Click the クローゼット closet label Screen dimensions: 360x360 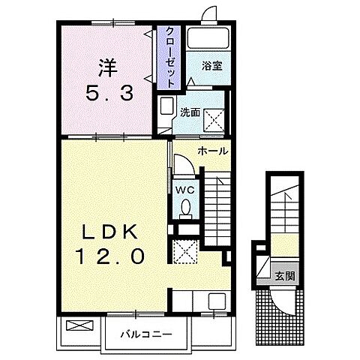click(x=170, y=57)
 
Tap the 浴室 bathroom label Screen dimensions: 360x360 click(x=212, y=66)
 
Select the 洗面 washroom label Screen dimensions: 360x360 click(x=190, y=112)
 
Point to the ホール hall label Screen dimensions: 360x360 click(x=213, y=151)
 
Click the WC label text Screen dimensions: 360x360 click(x=185, y=190)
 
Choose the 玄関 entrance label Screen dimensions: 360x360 click(x=285, y=277)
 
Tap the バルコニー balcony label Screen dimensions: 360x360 click(x=146, y=334)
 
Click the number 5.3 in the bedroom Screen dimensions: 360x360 click(x=109, y=92)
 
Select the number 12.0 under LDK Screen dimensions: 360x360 click(x=111, y=256)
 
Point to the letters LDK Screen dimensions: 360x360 click(x=110, y=232)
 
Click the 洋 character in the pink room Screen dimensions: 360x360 click(x=108, y=67)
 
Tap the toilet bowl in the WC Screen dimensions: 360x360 click(x=186, y=208)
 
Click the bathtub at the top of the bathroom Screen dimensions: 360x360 click(x=208, y=38)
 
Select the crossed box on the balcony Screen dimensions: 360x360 click(x=79, y=325)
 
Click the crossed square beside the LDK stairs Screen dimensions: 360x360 click(x=185, y=251)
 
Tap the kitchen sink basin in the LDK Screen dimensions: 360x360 click(x=217, y=300)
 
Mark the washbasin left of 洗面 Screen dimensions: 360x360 click(x=166, y=106)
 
